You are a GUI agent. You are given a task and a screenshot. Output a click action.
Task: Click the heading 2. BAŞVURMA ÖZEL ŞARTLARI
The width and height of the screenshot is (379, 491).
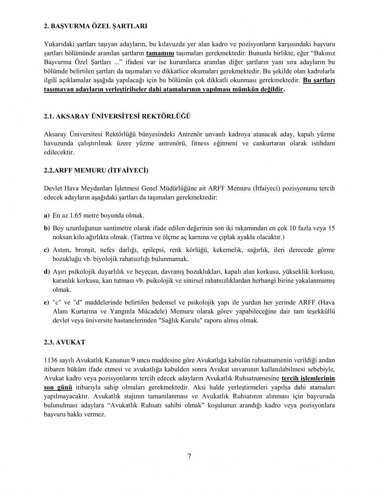pyautogui.click(x=95, y=26)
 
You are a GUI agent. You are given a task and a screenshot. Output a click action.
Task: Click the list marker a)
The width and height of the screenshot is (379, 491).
pyautogui.click(x=47, y=215)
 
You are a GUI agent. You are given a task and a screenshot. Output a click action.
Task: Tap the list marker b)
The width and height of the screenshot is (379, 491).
pyautogui.click(x=47, y=228)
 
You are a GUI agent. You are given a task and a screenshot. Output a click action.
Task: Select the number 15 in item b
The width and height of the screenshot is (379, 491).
pyautogui.click(x=331, y=228)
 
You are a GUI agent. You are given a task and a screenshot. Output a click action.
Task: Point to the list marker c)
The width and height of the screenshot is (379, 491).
pyautogui.click(x=47, y=250)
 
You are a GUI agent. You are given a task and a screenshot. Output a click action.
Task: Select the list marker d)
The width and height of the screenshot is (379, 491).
pyautogui.click(x=47, y=272)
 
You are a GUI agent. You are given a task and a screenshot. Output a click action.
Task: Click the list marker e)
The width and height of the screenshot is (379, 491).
pyautogui.click(x=47, y=302)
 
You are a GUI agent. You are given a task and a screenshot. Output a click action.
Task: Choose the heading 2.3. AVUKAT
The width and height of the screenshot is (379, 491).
pyautogui.click(x=64, y=342)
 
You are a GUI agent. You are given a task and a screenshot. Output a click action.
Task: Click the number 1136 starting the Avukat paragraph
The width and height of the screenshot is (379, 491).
pyautogui.click(x=50, y=360)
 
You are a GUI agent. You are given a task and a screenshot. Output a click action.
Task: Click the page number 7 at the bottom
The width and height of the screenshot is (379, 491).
pyautogui.click(x=189, y=457)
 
